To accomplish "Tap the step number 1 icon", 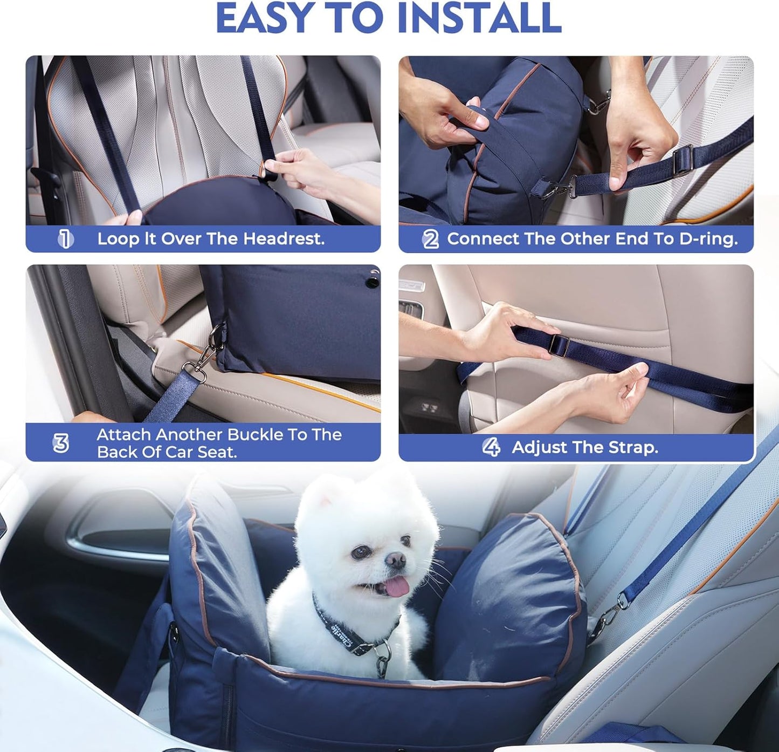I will (x=65, y=238).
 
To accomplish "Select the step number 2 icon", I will (x=430, y=238).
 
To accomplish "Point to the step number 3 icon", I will (x=61, y=443).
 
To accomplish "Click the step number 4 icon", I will (x=491, y=447).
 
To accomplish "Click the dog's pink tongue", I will (x=397, y=586).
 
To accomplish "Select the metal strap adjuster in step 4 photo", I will (x=560, y=345).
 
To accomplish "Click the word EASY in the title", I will (x=265, y=18).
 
